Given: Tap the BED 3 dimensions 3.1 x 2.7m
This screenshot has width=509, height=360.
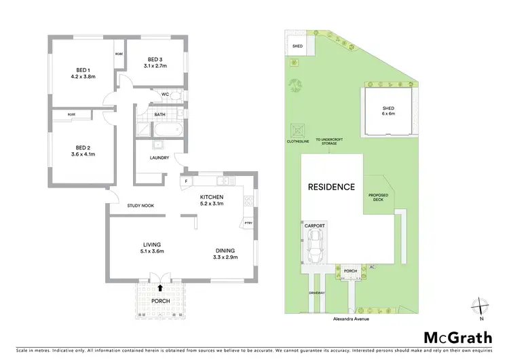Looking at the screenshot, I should (155, 66).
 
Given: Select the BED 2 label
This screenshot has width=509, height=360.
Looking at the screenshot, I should (83, 147).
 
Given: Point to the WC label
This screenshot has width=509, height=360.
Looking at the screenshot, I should (165, 94).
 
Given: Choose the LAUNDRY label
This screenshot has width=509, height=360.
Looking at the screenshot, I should (159, 158).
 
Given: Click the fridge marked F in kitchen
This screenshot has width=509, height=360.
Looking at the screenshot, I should (185, 182).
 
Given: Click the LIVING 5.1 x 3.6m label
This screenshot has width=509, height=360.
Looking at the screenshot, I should (151, 248).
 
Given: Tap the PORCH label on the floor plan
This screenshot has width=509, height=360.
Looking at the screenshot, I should (160, 301).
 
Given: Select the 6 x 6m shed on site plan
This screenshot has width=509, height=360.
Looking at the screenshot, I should (388, 111).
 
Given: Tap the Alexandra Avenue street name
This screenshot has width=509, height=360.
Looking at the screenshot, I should (350, 317).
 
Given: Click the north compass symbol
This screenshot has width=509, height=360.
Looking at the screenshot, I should (480, 307).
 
